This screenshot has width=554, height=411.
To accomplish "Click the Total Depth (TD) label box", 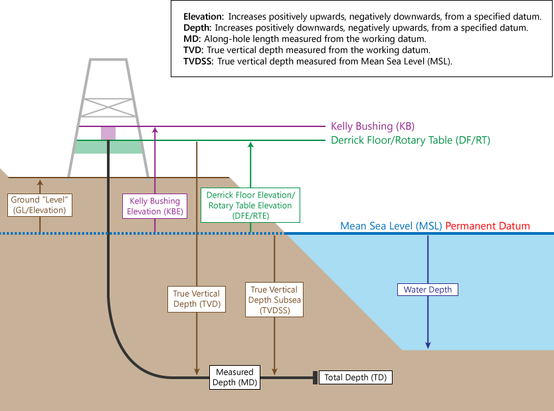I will (x=355, y=378).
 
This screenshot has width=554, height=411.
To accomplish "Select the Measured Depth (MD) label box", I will (x=234, y=377).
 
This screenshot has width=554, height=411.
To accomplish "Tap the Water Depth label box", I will (x=428, y=290).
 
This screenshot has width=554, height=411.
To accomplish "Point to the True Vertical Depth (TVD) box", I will (x=196, y=299).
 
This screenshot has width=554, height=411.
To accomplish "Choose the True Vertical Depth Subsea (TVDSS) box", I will (x=274, y=299).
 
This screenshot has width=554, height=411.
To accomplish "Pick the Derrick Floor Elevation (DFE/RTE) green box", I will (x=250, y=205).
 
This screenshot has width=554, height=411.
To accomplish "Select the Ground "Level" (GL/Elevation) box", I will (x=40, y=205).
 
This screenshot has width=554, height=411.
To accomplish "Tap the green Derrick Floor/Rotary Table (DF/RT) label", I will (x=410, y=140).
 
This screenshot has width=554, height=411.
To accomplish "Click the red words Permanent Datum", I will (x=488, y=226).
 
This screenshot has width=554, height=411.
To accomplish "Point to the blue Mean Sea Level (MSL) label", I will (x=391, y=226).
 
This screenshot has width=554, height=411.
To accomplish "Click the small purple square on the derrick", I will (x=108, y=132).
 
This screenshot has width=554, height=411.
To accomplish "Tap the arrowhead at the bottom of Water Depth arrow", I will (x=428, y=345).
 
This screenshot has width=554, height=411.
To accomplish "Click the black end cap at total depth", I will (x=315, y=378).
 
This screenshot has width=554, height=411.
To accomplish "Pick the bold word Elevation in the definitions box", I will (x=203, y=15).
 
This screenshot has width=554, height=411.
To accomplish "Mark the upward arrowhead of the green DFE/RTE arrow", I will (x=250, y=144).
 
